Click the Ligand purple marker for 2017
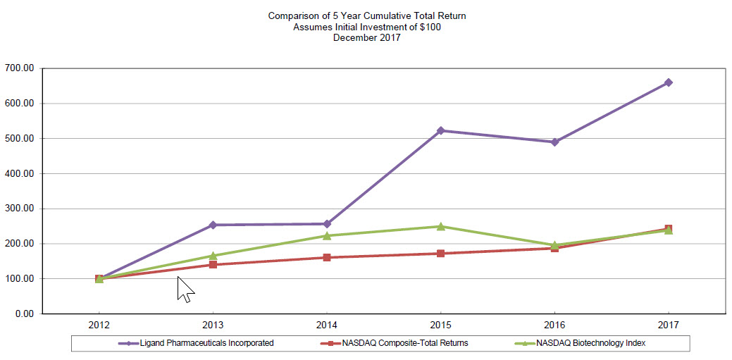pos(668,82)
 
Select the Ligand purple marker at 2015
pos(440,130)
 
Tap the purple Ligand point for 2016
pos(554,142)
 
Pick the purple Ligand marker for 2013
pos(213,225)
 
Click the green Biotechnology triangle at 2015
pos(440,226)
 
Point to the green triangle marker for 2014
pos(327,235)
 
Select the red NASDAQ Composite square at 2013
pos(213,264)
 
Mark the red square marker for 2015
pos(440,253)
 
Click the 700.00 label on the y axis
pos(19,68)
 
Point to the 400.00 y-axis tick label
pos(19,173)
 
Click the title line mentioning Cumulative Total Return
pos(367,15)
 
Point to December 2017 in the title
pos(367,38)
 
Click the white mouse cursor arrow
pos(185,288)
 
